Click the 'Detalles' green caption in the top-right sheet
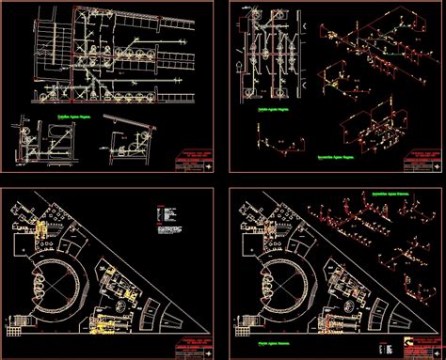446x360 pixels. pos(272,109)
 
